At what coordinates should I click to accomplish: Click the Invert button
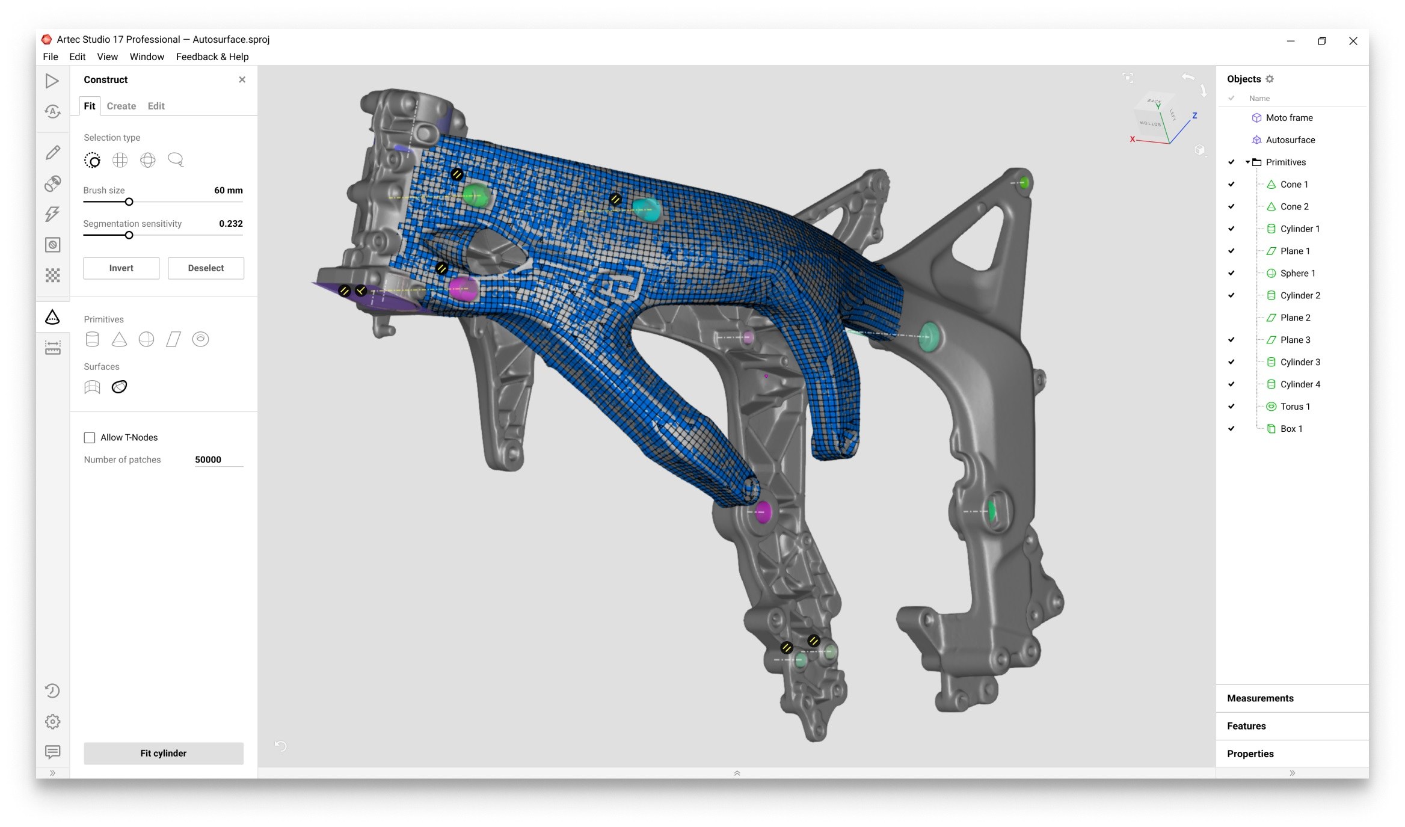coord(121,268)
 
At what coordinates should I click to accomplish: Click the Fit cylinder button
coord(163,753)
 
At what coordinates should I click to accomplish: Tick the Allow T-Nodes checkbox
coord(90,437)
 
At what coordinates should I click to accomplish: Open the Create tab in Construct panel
coord(121,106)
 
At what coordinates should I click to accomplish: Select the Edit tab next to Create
coord(156,106)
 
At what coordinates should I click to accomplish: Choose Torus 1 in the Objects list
coord(1294,407)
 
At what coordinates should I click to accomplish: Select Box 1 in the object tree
coord(1291,429)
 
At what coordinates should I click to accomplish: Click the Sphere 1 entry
coord(1297,273)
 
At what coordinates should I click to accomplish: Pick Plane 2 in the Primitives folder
coord(1295,318)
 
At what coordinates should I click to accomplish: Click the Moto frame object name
coord(1289,118)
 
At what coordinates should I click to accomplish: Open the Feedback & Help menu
coord(212,57)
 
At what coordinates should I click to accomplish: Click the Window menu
coord(147,57)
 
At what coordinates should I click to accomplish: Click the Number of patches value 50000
coord(208,460)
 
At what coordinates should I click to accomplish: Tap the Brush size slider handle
coord(129,202)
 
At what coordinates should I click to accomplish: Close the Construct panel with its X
coord(242,79)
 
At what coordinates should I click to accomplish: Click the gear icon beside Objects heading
coord(1270,79)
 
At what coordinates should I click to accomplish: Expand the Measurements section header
coord(1260,698)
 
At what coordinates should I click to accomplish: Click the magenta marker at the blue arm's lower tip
coord(763,512)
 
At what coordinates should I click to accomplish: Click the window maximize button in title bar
coord(1321,41)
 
